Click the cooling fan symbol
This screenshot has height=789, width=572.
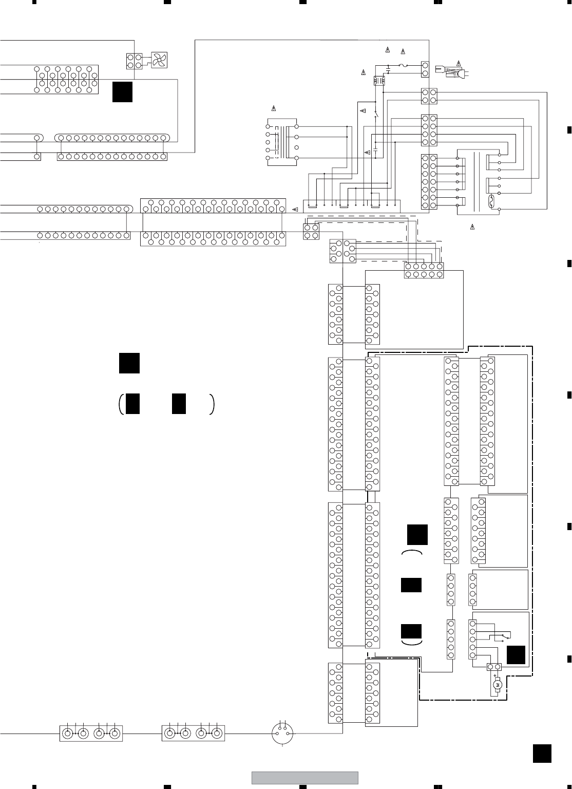pyautogui.click(x=159, y=61)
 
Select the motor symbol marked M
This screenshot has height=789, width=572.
pyautogui.click(x=497, y=685)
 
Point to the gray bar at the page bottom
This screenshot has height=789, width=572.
pyautogui.click(x=304, y=778)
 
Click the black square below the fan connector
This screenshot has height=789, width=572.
pyautogui.click(x=123, y=91)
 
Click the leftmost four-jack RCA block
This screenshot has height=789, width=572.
pyautogui.click(x=91, y=734)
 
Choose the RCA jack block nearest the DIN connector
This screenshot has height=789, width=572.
pyautogui.click(x=194, y=734)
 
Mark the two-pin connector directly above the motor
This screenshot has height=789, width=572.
pyautogui.click(x=493, y=667)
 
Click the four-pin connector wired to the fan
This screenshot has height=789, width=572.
pyautogui.click(x=134, y=61)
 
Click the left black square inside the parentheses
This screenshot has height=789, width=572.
pyautogui.click(x=132, y=403)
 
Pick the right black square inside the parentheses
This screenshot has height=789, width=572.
pyautogui.click(x=179, y=403)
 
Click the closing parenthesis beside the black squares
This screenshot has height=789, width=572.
pyautogui.click(x=212, y=404)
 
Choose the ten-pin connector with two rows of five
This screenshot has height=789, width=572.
pyautogui.click(x=424, y=270)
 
